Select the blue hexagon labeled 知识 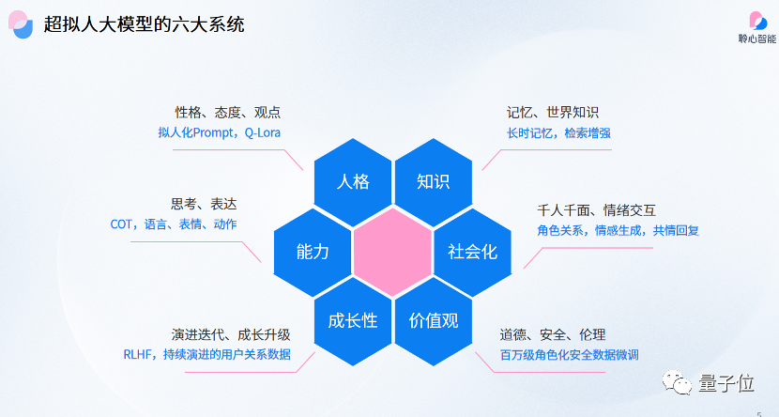pos(433,181)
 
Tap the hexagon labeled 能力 pos(312,251)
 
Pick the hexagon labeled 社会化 pos(472,251)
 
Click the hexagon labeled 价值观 pos(433,320)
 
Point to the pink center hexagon pos(392,251)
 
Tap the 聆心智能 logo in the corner pos(756,26)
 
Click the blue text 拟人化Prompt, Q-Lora pos(219,133)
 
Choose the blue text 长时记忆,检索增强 pos(558,133)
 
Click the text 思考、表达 pos(203,203)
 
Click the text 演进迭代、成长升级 pos(230,334)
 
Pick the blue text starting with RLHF pos(206,355)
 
